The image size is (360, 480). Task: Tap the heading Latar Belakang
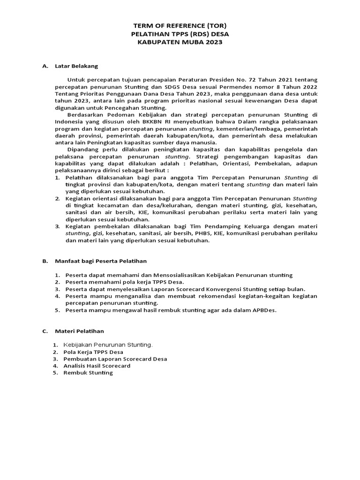click(76, 66)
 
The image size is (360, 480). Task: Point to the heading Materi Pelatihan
click(79, 331)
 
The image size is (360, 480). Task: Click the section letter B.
click(45, 261)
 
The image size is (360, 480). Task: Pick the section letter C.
click(45, 331)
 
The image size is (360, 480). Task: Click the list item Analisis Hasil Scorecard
click(97, 366)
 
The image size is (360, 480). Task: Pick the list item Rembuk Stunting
click(88, 373)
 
